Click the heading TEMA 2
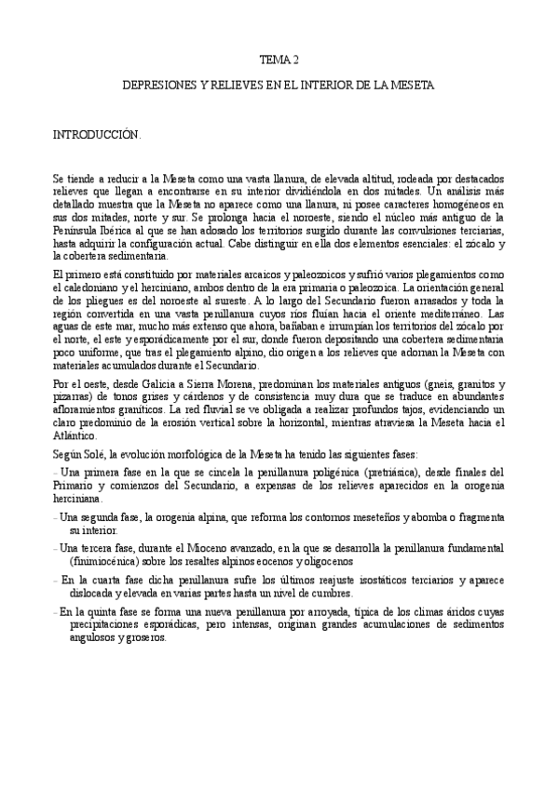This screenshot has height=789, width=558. (x=279, y=60)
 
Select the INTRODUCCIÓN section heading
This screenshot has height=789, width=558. (x=97, y=135)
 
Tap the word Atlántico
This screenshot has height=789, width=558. (x=75, y=435)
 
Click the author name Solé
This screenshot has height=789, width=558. (x=95, y=453)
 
